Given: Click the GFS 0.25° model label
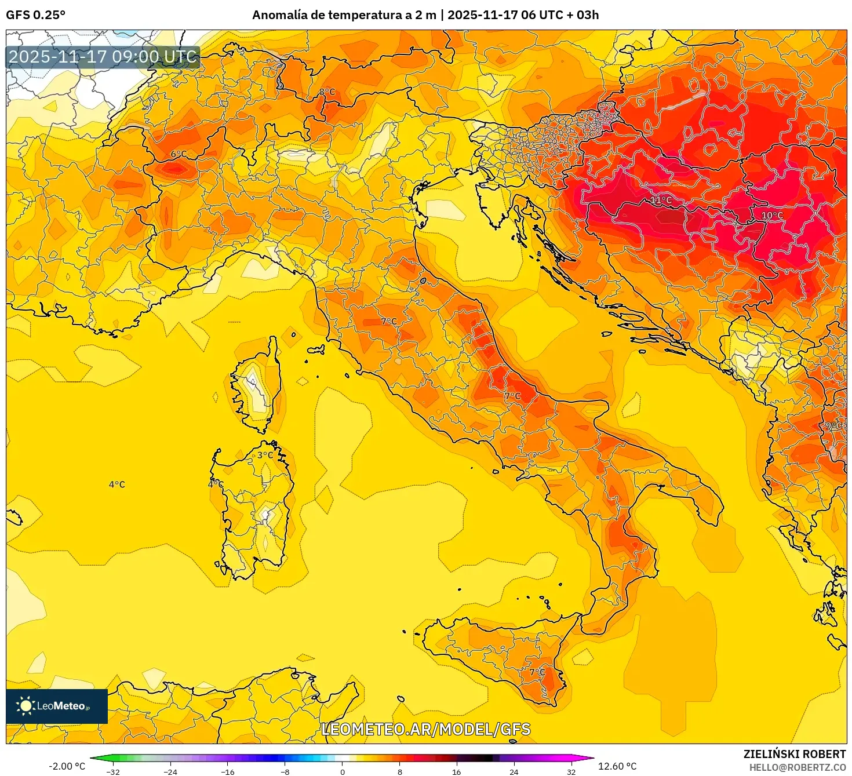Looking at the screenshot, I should pyautogui.click(x=35, y=15).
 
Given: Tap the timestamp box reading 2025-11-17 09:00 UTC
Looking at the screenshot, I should pyautogui.click(x=103, y=57).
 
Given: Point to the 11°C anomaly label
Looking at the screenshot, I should pyautogui.click(x=660, y=200).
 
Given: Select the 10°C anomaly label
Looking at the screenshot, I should pyautogui.click(x=771, y=215).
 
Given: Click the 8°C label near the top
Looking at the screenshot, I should pyautogui.click(x=327, y=92).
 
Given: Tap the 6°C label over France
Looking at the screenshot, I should pyautogui.click(x=179, y=154).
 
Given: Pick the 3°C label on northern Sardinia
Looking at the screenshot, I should pyautogui.click(x=265, y=455).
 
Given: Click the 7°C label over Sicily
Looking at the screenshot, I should pyautogui.click(x=537, y=672).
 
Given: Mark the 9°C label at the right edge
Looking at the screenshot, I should pyautogui.click(x=833, y=425).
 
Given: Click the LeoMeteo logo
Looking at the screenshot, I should pyautogui.click(x=57, y=706).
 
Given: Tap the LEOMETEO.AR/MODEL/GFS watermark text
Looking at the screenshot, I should pyautogui.click(x=425, y=729).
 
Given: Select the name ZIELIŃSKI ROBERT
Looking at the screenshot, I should pyautogui.click(x=794, y=754).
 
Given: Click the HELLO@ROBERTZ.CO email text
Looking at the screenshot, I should pyautogui.click(x=797, y=767).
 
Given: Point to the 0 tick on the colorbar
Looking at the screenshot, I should pyautogui.click(x=343, y=771).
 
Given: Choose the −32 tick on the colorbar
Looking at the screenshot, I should pyautogui.click(x=113, y=771).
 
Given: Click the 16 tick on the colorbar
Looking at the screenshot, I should pyautogui.click(x=457, y=771).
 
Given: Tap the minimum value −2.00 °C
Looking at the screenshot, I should pyautogui.click(x=67, y=766).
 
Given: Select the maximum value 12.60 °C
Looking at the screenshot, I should pyautogui.click(x=617, y=766).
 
